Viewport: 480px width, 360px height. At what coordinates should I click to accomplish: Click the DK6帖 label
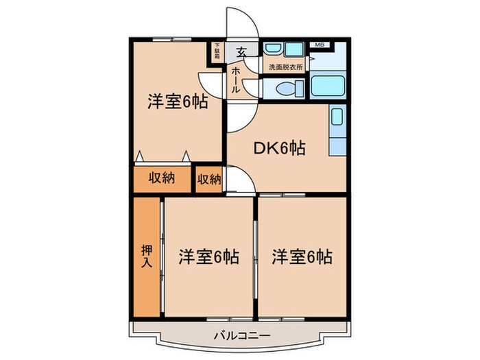point(280,147)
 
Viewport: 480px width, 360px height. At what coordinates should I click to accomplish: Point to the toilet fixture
point(284,88)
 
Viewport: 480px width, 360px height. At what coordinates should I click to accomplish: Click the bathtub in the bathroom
point(328,87)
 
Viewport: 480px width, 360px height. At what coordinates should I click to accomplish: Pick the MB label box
point(319,45)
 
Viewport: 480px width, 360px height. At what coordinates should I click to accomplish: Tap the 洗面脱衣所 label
point(285,67)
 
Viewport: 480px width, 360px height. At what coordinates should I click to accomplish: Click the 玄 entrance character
point(242,51)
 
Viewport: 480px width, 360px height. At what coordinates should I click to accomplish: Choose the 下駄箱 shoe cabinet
point(217,51)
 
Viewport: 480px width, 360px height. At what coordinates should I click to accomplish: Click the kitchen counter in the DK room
point(337,130)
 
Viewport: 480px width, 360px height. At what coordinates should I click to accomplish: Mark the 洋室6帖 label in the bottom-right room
point(302,257)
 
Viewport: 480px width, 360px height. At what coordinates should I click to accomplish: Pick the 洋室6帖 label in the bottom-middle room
point(209,257)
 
